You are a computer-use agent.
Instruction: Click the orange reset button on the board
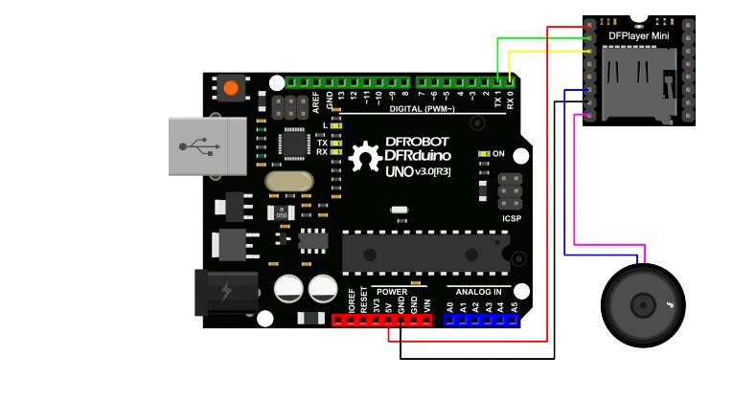(230, 89)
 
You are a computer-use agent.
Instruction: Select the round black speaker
(643, 305)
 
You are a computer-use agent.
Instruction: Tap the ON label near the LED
(498, 153)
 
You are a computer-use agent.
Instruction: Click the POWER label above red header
(393, 291)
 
